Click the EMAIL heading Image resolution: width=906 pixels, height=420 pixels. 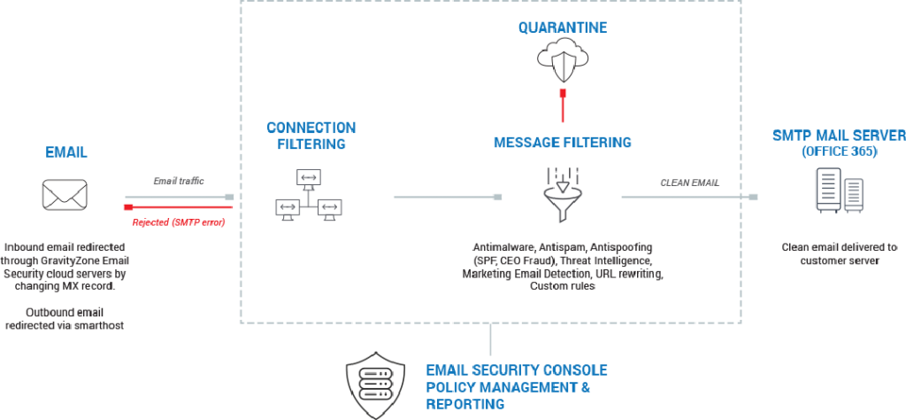click(x=66, y=152)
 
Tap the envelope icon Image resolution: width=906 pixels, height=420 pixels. click(x=65, y=194)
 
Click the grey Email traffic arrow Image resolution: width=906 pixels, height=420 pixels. click(x=178, y=197)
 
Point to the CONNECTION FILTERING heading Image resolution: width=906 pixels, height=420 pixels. click(x=310, y=136)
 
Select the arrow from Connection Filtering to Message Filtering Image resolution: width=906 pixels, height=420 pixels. click(x=447, y=197)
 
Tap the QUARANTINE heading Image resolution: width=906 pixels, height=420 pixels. click(x=563, y=28)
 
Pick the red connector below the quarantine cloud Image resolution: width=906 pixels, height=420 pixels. click(x=562, y=104)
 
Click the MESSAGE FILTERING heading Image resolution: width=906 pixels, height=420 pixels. click(x=563, y=142)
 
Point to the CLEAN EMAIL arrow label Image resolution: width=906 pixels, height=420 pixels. click(x=690, y=183)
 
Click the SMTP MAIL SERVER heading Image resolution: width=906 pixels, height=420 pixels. click(x=837, y=136)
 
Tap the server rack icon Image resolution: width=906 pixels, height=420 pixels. click(x=839, y=192)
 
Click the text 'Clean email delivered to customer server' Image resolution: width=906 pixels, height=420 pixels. click(x=839, y=254)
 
